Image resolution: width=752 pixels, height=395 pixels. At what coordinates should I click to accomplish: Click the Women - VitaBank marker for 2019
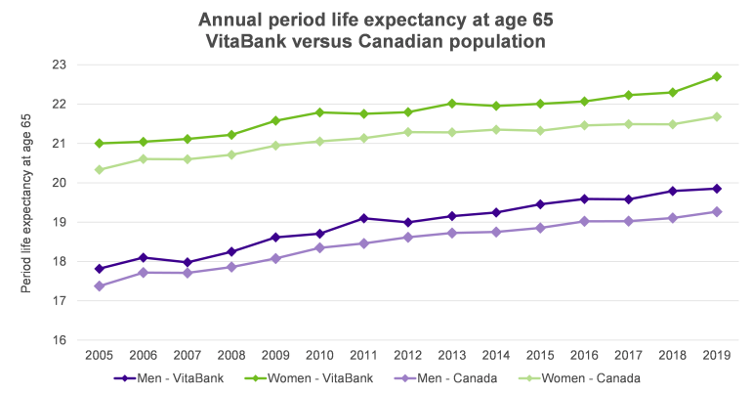pyautogui.click(x=717, y=76)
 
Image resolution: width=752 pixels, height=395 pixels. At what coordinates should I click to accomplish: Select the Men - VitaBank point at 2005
pyautogui.click(x=100, y=269)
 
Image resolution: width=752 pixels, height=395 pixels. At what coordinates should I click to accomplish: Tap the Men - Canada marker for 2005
pyautogui.click(x=100, y=285)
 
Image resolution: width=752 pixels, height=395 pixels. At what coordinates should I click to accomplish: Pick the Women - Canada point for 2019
pyautogui.click(x=717, y=116)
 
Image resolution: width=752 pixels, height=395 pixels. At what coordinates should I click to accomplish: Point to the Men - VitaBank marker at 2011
pyautogui.click(x=364, y=218)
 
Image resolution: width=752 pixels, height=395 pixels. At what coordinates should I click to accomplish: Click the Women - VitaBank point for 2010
pyautogui.click(x=320, y=112)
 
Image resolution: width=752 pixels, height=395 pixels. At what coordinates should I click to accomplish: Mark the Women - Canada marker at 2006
pyautogui.click(x=144, y=158)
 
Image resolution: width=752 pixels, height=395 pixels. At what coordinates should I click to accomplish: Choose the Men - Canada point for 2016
pyautogui.click(x=585, y=221)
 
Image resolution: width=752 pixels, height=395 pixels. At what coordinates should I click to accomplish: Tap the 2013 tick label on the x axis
pyautogui.click(x=452, y=353)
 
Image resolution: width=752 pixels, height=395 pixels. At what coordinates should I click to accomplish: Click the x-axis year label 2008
pyautogui.click(x=231, y=353)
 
